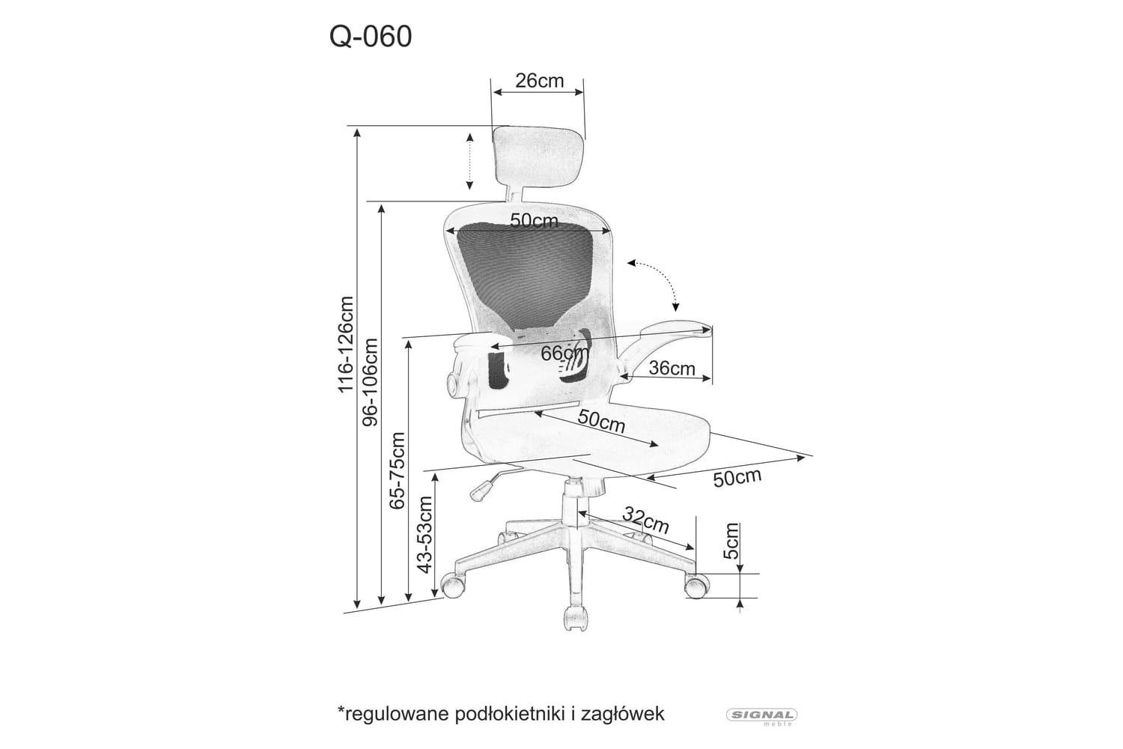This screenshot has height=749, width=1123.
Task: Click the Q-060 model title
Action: coord(371,37)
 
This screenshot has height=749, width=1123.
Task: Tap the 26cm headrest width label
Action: coord(540,80)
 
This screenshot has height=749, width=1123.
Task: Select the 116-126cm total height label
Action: coord(345,345)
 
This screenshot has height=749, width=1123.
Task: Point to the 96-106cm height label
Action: coord(370,382)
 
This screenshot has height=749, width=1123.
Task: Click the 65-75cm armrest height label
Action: coord(397,470)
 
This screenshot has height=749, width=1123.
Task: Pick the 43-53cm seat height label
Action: coord(424,534)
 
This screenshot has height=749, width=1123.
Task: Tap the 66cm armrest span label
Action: coord(565,354)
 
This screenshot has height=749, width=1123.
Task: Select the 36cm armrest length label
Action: coord(672,369)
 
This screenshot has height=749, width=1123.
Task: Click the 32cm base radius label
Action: coord(645,521)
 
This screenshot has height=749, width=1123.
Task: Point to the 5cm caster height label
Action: coord(731,541)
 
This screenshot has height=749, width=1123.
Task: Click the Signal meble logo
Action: coord(762,716)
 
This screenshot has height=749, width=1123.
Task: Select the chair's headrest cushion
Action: coord(538,157)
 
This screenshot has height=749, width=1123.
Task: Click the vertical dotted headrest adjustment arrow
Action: coord(469,161)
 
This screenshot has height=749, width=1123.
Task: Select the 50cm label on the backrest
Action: coord(534,221)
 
